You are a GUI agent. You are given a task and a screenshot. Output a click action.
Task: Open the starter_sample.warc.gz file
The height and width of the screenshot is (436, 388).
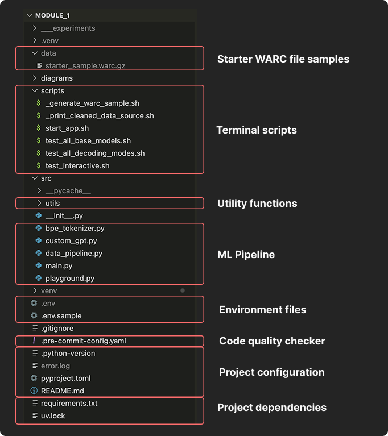coord(85,65)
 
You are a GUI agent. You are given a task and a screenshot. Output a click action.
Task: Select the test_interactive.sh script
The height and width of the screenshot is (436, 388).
coord(77,165)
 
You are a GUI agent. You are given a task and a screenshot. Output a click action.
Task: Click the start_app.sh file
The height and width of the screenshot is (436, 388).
coord(67,128)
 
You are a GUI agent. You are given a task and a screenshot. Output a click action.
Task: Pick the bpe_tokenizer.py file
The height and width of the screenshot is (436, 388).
coord(75,228)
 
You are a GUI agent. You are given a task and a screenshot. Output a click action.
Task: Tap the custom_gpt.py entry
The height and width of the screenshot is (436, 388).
coord(71,240)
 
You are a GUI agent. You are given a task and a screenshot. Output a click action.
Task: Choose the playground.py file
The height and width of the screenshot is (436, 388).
coord(70,278)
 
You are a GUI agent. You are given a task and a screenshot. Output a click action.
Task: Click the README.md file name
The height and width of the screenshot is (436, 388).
coord(62,391)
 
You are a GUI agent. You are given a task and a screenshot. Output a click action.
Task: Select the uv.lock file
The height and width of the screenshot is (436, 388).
coord(53,416)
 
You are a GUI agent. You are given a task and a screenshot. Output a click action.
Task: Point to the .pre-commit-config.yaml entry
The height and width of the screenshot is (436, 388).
coord(84,341)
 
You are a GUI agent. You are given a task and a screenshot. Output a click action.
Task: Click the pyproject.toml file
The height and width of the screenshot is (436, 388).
coord(65,378)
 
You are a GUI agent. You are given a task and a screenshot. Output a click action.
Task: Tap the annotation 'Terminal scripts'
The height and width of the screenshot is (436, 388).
coord(257,130)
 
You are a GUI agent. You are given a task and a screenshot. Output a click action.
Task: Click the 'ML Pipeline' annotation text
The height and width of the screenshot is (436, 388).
coord(246,255)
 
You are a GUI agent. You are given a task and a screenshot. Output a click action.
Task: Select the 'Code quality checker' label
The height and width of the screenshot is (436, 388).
coord(272,341)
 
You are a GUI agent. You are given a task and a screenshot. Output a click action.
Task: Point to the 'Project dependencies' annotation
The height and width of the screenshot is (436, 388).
coord(272,407)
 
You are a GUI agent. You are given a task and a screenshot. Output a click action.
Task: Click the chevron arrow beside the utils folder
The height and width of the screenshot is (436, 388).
coord(39,203)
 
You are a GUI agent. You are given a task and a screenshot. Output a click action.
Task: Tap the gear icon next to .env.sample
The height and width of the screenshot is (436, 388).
coord(34,315)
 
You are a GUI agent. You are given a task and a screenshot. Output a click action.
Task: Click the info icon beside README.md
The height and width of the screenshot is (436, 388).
coord(34,391)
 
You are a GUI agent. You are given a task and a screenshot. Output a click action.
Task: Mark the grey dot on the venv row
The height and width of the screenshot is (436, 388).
coord(183,290)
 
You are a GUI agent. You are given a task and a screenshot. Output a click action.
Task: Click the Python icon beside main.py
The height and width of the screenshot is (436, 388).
coord(38,265)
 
